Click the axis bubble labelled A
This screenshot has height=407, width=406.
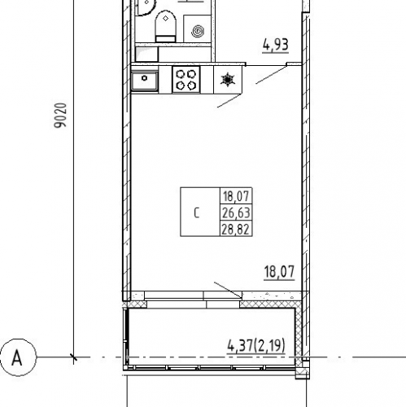[x=18, y=357]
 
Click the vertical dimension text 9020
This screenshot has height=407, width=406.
[x=60, y=115]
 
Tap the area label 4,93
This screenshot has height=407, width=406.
[x=275, y=45]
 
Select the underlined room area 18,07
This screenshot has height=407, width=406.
[x=279, y=272]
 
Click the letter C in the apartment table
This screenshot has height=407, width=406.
[x=197, y=212]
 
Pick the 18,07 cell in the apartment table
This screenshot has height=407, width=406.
[x=236, y=196]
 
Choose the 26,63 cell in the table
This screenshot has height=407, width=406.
[x=236, y=212]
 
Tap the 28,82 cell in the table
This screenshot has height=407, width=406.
[x=235, y=230]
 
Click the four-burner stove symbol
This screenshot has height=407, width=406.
[x=186, y=79]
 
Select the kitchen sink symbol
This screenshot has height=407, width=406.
[x=145, y=81]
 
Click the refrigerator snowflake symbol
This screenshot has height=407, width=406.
[x=227, y=80]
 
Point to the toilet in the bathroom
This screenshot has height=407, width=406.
[x=165, y=26]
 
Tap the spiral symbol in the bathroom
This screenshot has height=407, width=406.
[x=198, y=31]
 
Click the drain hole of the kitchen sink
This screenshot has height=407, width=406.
[x=144, y=78]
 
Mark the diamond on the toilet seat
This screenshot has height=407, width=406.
[x=165, y=18]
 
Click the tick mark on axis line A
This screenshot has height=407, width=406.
[x=73, y=357]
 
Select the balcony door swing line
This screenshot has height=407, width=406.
[x=228, y=290]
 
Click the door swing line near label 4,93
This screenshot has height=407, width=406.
[x=271, y=75]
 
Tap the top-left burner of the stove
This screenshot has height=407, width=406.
[x=180, y=74]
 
